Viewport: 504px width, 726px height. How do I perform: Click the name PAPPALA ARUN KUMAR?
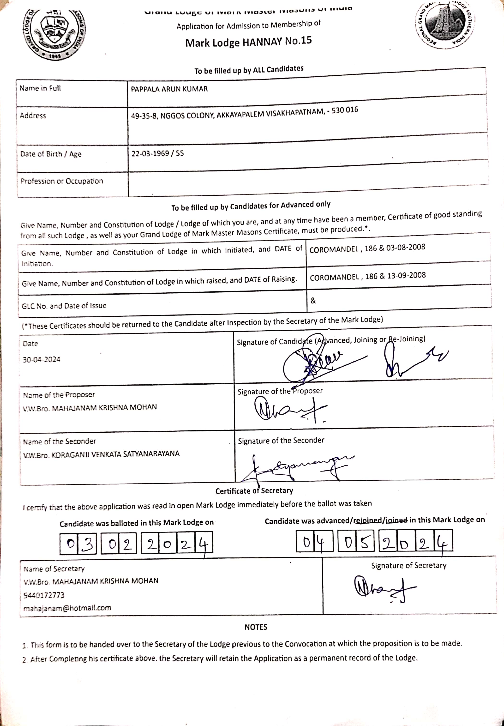click(x=169, y=89)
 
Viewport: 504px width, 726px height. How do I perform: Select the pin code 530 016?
click(x=345, y=110)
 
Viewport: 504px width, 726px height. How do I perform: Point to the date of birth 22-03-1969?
click(x=150, y=154)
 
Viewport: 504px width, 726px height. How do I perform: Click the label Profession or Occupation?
click(x=62, y=181)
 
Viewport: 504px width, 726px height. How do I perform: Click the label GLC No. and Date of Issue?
click(x=64, y=306)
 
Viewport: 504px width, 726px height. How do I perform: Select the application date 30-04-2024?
click(x=41, y=360)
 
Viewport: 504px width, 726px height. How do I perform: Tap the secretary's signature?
click(x=384, y=588)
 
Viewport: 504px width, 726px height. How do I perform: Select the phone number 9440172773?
click(x=44, y=595)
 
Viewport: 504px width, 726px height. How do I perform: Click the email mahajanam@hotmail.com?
click(x=67, y=608)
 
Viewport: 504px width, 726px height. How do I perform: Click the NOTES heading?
click(x=256, y=627)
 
